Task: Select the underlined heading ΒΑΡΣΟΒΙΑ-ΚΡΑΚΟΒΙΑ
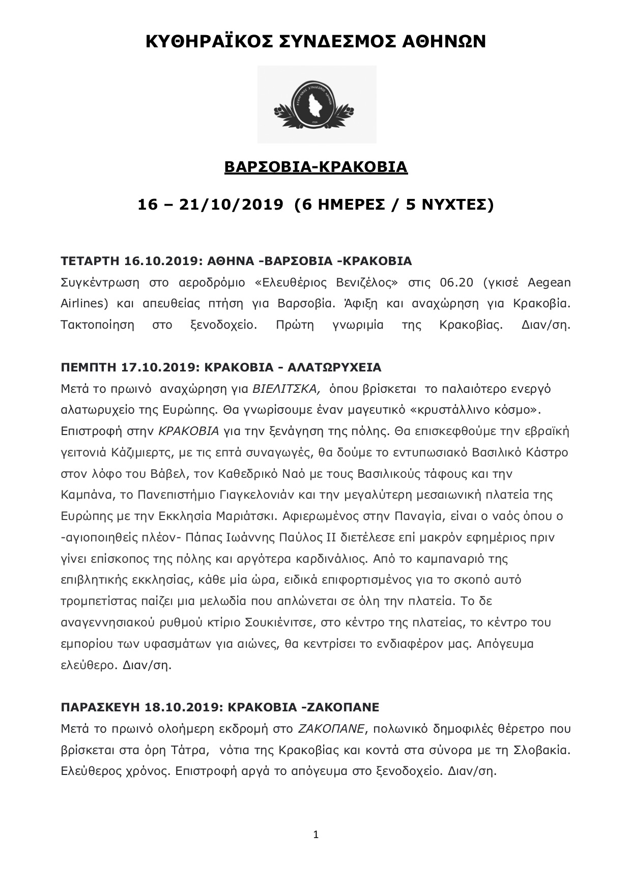[x=315, y=167]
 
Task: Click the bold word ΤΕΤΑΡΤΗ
[x=90, y=262]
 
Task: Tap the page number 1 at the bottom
[x=315, y=835]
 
